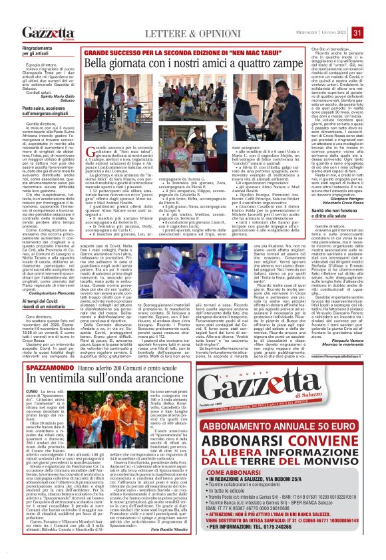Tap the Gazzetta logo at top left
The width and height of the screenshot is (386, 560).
[48, 33]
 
